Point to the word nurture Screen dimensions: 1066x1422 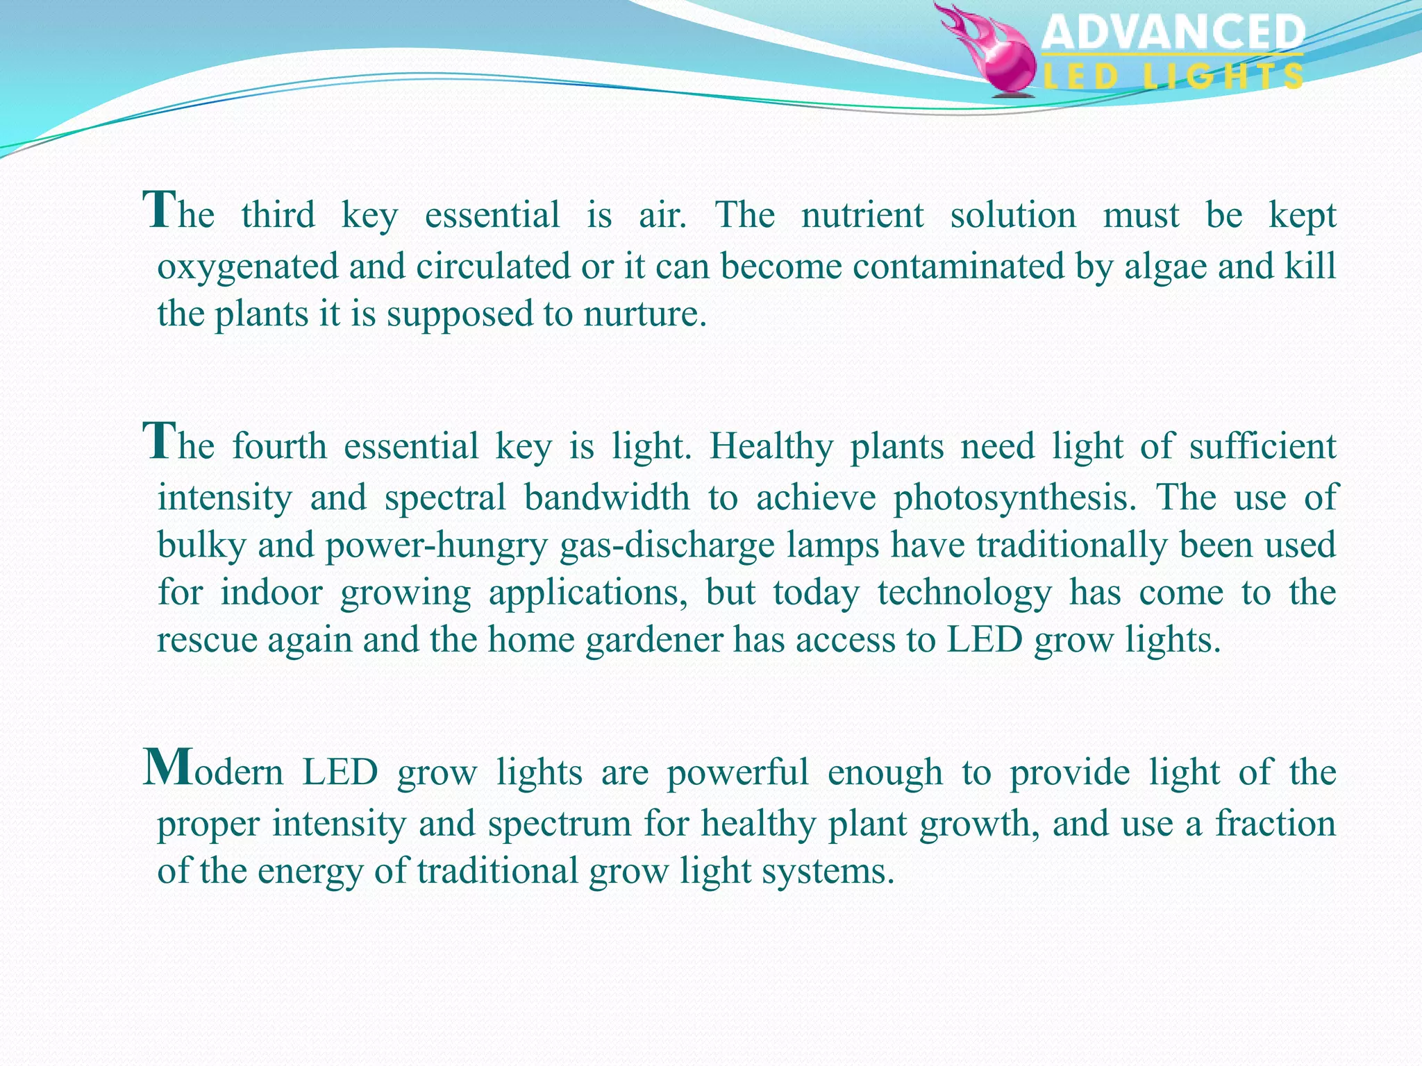644,314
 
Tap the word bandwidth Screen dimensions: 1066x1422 607,498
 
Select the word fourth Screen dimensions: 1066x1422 279,446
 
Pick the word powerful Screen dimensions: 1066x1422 737,772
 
